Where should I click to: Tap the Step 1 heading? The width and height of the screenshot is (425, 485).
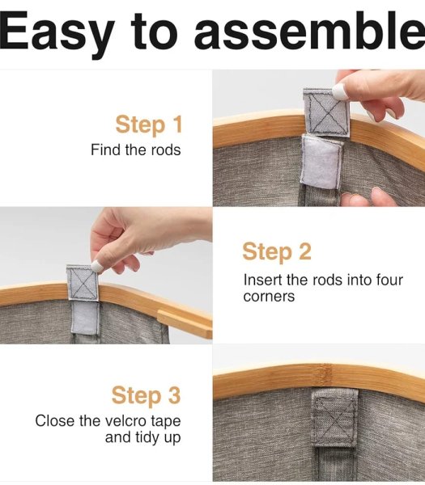(149, 124)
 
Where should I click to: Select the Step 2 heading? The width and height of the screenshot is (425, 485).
(277, 251)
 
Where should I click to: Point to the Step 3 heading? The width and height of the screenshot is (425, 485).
(146, 395)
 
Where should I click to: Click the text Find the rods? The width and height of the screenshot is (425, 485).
(136, 150)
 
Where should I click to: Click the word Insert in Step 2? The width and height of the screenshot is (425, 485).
(262, 280)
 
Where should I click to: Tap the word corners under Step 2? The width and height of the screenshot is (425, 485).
(269, 297)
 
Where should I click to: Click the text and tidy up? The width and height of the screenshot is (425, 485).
(142, 437)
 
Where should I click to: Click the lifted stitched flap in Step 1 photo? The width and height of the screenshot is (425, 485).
(326, 112)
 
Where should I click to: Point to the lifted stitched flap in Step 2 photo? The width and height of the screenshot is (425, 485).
(83, 282)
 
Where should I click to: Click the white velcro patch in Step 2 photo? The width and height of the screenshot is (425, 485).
(84, 318)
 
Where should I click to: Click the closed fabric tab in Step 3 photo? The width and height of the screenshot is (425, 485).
(334, 418)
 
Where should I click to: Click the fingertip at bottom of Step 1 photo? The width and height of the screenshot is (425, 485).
(367, 197)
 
